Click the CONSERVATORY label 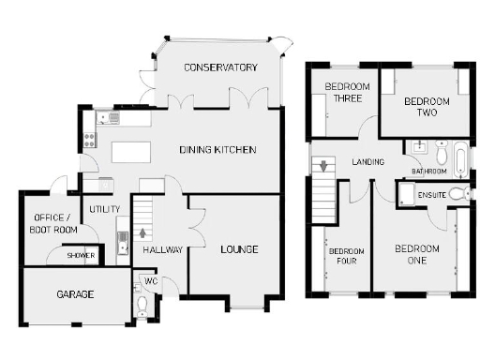220,67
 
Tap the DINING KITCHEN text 217,150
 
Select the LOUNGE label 239,248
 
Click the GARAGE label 75,294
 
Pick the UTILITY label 102,208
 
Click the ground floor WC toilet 142,306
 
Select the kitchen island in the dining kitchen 135,152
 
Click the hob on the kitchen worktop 90,142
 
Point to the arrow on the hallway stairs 142,232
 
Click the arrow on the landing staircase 324,167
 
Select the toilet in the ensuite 457,193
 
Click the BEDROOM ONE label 415,254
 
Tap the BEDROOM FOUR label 344,255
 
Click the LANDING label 367,162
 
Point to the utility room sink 122,246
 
